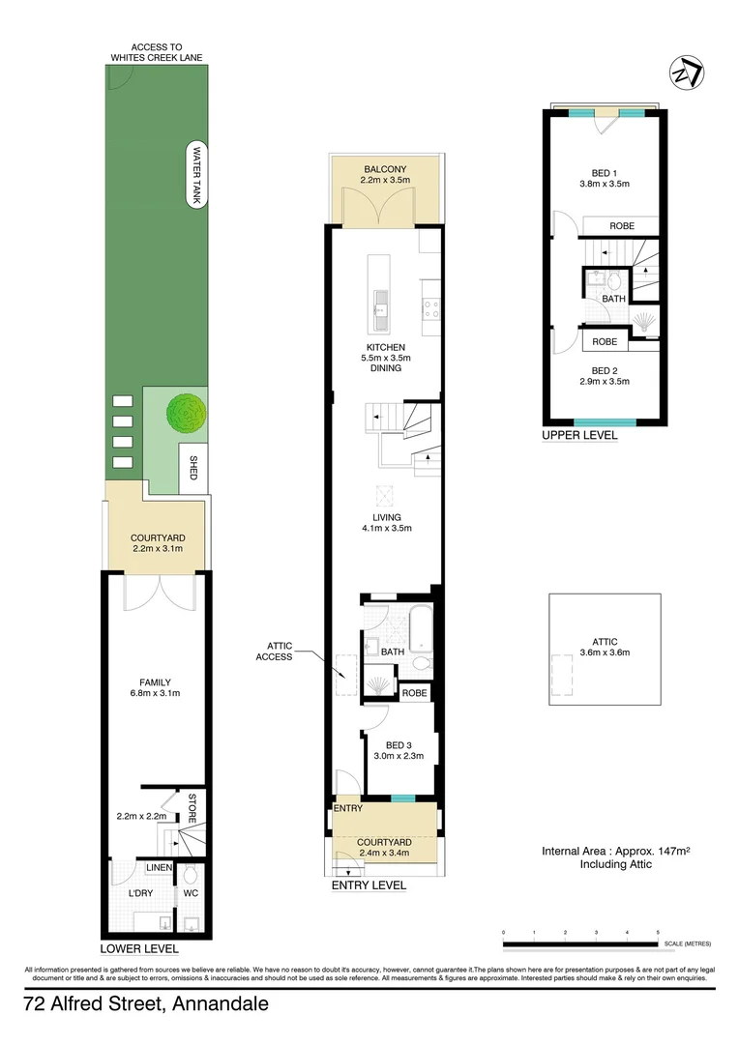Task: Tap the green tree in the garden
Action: tap(186, 413)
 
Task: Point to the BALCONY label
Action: tap(385, 166)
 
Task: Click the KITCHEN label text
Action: tap(385, 348)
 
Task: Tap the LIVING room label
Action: tap(386, 517)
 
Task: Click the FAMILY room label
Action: tap(154, 682)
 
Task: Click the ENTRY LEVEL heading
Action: tap(369, 884)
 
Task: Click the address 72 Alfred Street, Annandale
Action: tap(146, 1005)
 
